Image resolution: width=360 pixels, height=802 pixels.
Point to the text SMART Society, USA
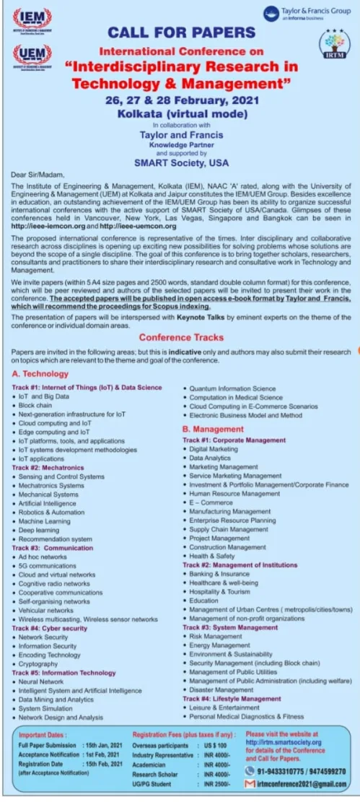tap(181, 163)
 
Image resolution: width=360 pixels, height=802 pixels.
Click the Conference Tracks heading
tap(181, 337)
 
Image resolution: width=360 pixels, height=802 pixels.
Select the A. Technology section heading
tap(40, 374)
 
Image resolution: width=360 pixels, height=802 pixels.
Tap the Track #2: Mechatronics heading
tap(48, 468)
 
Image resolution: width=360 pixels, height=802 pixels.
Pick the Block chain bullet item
tap(35, 406)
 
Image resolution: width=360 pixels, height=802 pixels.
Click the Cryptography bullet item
tap(38, 664)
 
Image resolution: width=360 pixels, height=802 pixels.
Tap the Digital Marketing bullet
tap(214, 449)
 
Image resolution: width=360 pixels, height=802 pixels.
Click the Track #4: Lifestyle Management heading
tap(232, 699)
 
